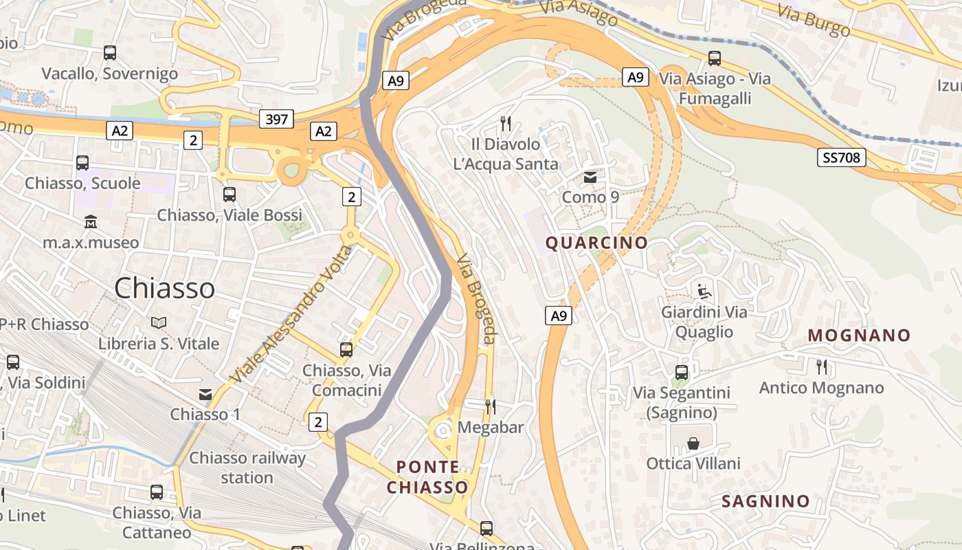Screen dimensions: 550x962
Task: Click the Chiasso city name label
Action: [164, 287]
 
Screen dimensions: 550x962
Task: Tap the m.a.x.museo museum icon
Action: [91, 222]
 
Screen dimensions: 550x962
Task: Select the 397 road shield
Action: [277, 120]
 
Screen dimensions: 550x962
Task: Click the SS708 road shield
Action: [842, 157]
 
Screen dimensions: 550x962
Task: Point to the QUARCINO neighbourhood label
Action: [596, 243]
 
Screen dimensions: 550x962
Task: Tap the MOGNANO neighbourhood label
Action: [859, 335]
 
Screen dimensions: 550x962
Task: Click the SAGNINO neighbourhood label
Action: [765, 501]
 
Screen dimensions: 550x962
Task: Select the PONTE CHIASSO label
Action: [427, 477]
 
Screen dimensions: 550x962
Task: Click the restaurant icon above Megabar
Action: [491, 406]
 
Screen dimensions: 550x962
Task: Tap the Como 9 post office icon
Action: [590, 178]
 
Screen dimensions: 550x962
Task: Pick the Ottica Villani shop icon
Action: [693, 443]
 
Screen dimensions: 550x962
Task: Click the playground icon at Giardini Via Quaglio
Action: [704, 291]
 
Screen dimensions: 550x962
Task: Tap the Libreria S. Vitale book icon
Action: [159, 322]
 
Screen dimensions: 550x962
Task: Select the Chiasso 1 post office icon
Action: [205, 394]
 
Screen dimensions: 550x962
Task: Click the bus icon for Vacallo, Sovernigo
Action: [109, 52]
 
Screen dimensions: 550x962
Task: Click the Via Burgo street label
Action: [814, 20]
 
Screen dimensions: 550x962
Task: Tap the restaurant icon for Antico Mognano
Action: [821, 366]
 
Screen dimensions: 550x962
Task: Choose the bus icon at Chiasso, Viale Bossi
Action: [230, 195]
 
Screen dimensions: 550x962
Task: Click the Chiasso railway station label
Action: [247, 467]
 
